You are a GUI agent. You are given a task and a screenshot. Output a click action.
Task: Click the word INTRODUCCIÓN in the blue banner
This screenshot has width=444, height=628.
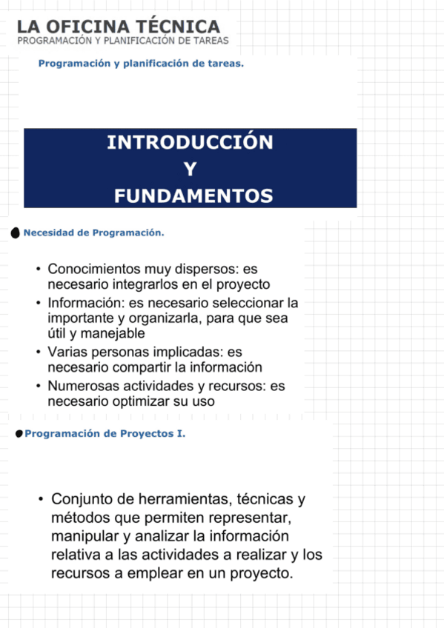[190, 142]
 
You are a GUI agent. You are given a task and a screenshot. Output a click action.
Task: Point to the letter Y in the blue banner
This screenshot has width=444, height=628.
[190, 170]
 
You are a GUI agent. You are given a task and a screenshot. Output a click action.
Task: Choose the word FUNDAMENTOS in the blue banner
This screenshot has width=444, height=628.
[193, 196]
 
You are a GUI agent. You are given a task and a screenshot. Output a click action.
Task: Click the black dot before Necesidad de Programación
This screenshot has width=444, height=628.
[16, 233]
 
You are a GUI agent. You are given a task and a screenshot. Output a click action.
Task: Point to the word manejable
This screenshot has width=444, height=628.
[117, 334]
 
